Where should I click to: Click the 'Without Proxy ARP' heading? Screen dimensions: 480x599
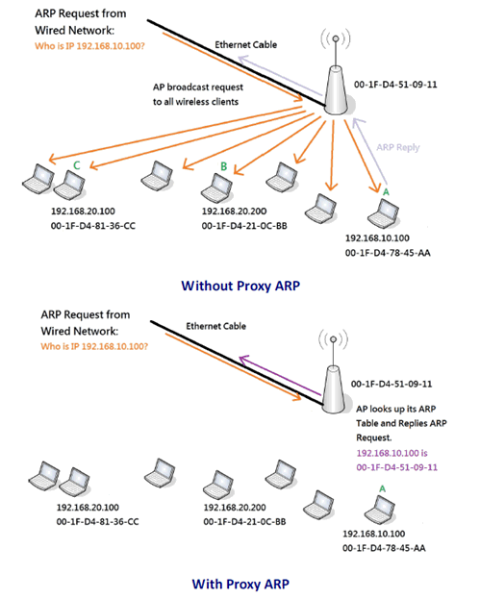(240, 286)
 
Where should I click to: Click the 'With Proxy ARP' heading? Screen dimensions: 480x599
(240, 584)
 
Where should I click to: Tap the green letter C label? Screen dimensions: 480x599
(77, 165)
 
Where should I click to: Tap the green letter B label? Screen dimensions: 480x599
(223, 166)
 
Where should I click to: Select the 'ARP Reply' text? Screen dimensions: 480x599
(398, 147)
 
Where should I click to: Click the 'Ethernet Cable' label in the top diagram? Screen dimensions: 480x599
(245, 44)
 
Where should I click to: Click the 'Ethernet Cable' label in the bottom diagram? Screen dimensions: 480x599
(215, 326)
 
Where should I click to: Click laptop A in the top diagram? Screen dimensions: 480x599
(383, 213)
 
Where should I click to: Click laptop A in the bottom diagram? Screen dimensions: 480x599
(380, 510)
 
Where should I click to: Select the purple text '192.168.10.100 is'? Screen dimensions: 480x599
(392, 453)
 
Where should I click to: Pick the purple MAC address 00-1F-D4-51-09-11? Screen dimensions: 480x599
(396, 467)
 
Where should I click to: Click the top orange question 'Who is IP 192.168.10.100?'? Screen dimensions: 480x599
(89, 46)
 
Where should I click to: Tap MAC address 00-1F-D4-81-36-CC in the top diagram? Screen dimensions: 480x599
(93, 226)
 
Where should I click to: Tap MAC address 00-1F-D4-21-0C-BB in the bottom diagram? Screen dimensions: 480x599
(244, 521)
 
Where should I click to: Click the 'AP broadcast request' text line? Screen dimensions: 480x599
(198, 87)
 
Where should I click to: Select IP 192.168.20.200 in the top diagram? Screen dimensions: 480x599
(234, 212)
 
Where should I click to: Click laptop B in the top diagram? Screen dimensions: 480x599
(216, 187)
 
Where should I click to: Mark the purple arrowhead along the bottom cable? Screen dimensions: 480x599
(243, 360)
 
